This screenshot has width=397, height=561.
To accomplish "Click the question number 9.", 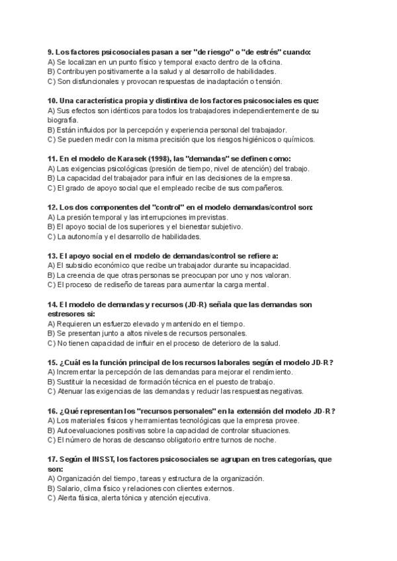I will point(50,52).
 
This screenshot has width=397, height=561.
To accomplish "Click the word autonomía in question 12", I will point(81,236).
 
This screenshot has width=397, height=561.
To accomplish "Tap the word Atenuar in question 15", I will point(69,391).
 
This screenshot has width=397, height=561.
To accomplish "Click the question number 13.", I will point(52,255).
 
